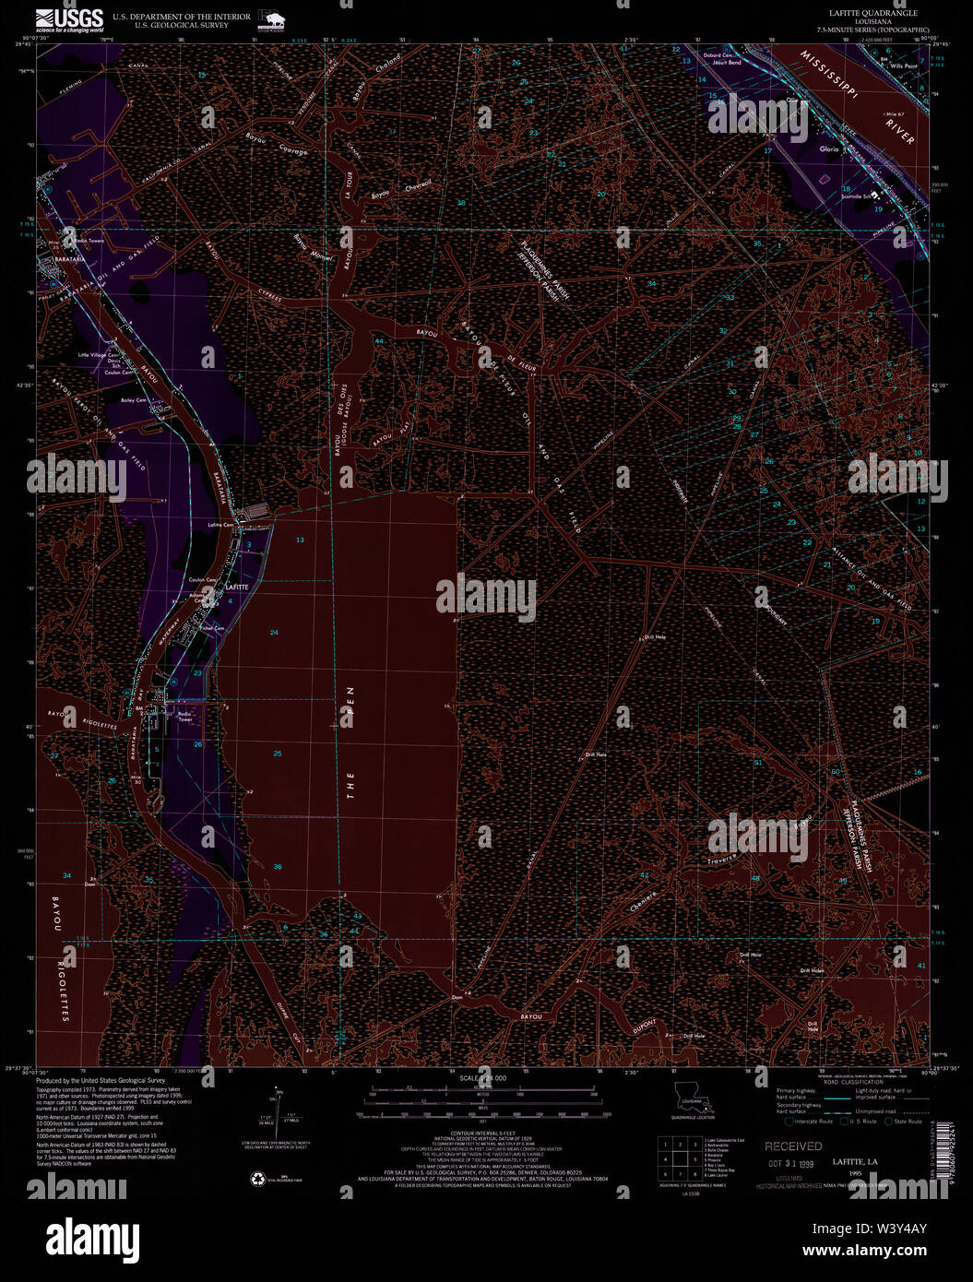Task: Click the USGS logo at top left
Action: pos(69,19)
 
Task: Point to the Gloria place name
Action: pos(827,148)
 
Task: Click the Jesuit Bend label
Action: pos(726,63)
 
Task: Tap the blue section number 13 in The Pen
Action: pos(300,540)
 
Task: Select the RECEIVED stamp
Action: pos(792,1145)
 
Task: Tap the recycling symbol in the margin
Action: pos(257,1178)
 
